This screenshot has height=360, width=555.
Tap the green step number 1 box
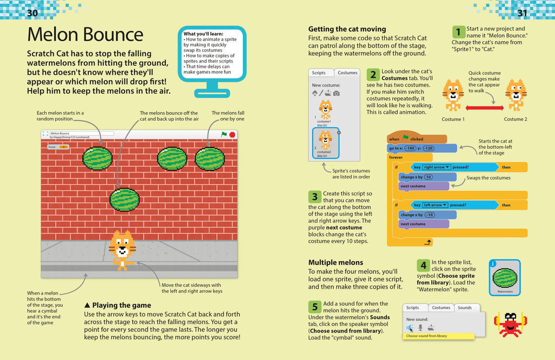point(458,32)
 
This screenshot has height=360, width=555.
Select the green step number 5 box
point(314,307)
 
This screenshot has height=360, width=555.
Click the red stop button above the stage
point(232,134)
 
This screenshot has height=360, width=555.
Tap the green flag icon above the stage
point(223,134)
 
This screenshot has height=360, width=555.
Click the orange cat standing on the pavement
point(122,250)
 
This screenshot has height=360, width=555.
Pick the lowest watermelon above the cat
point(125,199)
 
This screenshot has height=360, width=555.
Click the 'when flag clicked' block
point(406,139)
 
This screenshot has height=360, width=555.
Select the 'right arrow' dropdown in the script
point(435,168)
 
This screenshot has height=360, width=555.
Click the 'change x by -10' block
point(417,215)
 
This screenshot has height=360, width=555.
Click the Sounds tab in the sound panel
point(464,307)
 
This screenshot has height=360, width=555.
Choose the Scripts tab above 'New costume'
point(319,73)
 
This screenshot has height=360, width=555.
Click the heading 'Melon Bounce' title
point(85,35)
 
